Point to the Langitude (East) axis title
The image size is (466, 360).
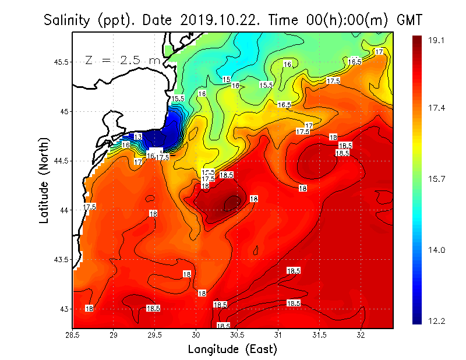[x=232, y=350]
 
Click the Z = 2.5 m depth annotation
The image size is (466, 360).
[x=122, y=60]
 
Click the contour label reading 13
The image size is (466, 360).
[x=138, y=136]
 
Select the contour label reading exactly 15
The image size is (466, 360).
[x=227, y=79]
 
